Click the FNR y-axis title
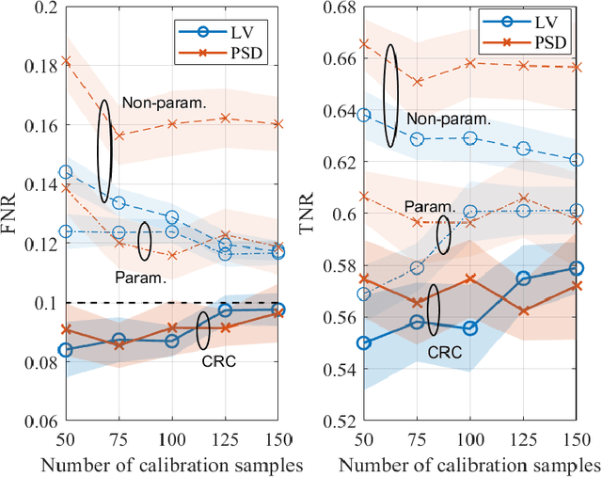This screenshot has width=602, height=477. point(13,213)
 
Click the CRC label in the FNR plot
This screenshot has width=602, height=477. point(218,358)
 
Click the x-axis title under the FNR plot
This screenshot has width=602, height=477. point(171,465)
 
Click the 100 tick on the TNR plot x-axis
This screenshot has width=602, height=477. point(469,440)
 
